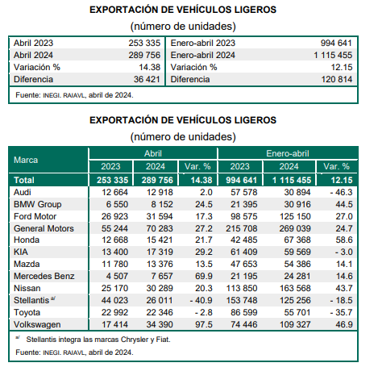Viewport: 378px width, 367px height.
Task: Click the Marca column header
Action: pyautogui.click(x=26, y=160)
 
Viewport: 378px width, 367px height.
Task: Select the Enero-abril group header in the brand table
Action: pyautogui.click(x=288, y=153)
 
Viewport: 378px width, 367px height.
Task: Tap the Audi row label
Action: pyautogui.click(x=23, y=192)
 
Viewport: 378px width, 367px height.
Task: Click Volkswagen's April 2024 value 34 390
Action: pyautogui.click(x=160, y=324)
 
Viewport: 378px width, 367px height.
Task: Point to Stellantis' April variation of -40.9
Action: pyautogui.click(x=201, y=300)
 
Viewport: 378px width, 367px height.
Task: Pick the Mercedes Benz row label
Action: pyautogui.click(x=44, y=276)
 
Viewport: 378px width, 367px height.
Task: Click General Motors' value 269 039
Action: pyautogui.click(x=295, y=228)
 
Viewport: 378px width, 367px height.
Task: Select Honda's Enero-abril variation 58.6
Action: pyautogui.click(x=344, y=240)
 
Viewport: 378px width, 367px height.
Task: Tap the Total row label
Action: pyautogui.click(x=24, y=180)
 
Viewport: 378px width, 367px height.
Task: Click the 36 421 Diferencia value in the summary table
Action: pyautogui.click(x=147, y=79)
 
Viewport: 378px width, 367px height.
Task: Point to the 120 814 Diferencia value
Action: pyautogui.click(x=337, y=79)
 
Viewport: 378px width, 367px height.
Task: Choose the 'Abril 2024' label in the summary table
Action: pyautogui.click(x=33, y=55)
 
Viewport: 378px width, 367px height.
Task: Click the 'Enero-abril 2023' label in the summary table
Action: pyautogui.click(x=203, y=43)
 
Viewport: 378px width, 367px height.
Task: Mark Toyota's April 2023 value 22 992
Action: pyautogui.click(x=114, y=312)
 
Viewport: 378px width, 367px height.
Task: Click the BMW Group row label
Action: pyautogui.click(x=38, y=204)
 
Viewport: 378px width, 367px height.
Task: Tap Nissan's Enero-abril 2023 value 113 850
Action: pyautogui.click(x=242, y=288)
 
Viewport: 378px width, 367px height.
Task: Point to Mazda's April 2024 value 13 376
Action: pyautogui.click(x=160, y=264)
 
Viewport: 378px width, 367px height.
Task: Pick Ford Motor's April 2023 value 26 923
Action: pyautogui.click(x=114, y=216)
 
